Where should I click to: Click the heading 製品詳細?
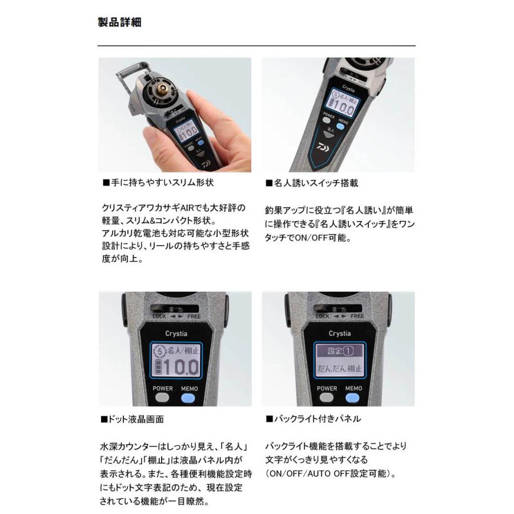(x=119, y=22)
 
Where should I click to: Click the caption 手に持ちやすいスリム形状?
(x=158, y=183)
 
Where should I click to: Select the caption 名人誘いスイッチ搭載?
(x=312, y=183)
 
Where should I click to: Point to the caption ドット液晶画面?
(x=132, y=419)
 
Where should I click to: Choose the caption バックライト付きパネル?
(x=313, y=419)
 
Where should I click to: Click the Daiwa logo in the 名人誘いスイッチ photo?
(x=323, y=147)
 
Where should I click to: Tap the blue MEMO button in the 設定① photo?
(x=352, y=398)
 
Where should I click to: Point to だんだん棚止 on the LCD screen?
(x=339, y=368)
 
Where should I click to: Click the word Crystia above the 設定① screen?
(x=340, y=334)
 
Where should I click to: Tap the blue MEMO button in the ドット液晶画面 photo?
(x=188, y=398)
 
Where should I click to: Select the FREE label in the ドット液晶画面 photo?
(x=194, y=316)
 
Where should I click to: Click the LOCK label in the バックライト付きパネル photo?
(x=323, y=316)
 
